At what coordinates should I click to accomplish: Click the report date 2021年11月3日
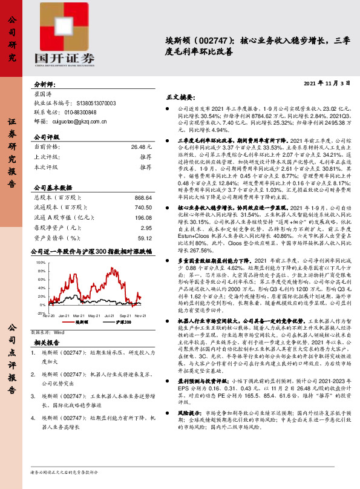click(326, 82)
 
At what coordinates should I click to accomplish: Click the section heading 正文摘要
click(181, 96)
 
